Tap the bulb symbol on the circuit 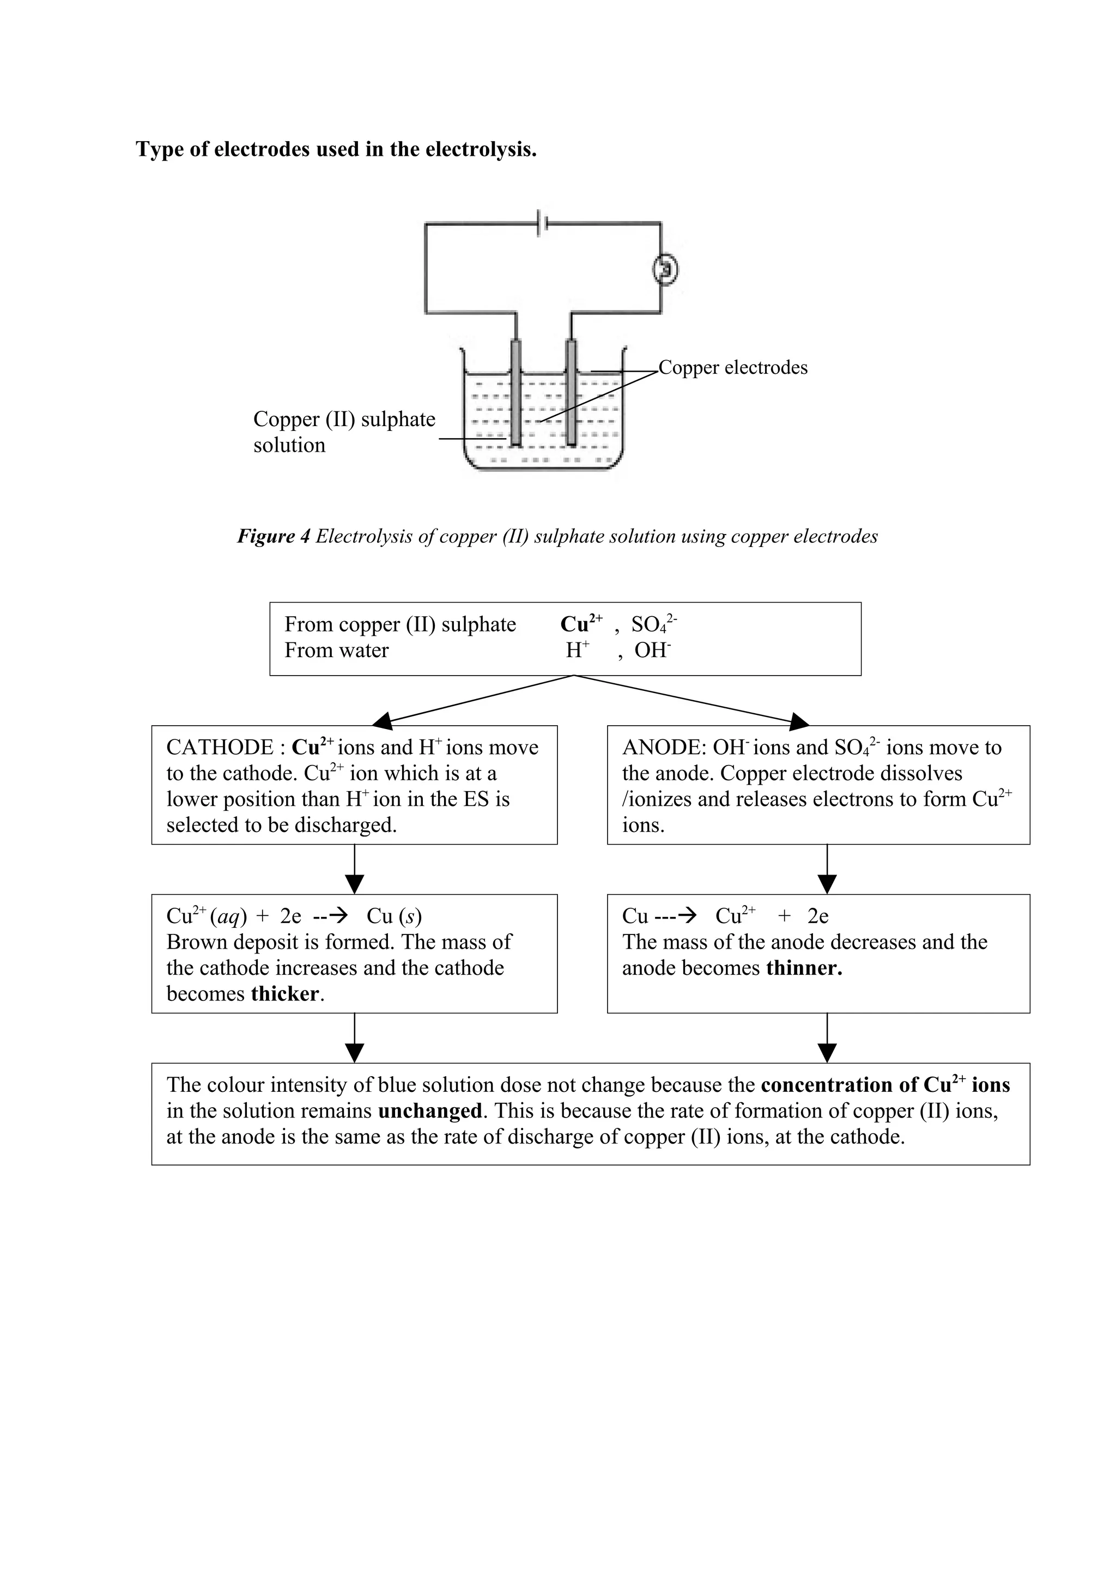click(x=665, y=269)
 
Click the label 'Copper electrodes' click(x=733, y=368)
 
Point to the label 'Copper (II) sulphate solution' click(x=344, y=432)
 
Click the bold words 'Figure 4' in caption click(x=273, y=537)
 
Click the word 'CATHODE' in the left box click(x=220, y=748)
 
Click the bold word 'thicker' click(x=284, y=994)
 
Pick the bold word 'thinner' click(x=804, y=968)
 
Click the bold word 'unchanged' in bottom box click(x=430, y=1112)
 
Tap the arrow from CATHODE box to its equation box click(x=354, y=870)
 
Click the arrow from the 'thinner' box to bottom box click(x=827, y=1039)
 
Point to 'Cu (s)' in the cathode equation click(x=394, y=916)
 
